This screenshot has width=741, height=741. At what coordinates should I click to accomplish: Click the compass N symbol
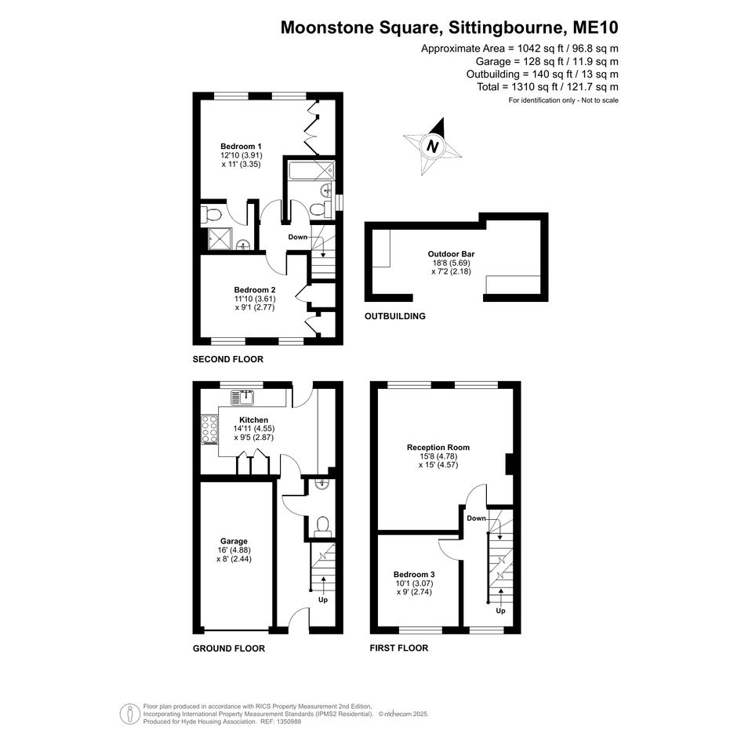[x=432, y=146]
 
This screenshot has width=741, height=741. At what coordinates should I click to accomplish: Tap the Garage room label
[x=234, y=541]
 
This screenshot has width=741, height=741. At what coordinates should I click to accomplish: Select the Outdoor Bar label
[x=452, y=254]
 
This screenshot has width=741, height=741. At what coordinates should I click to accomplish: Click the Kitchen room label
[x=254, y=420]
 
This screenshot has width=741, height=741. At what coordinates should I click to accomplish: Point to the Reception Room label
[x=438, y=447]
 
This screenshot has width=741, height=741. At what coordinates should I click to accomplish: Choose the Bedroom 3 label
[x=413, y=574]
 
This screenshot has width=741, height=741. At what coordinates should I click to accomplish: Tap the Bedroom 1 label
[x=241, y=147]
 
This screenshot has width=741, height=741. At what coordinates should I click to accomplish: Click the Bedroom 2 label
[x=255, y=289]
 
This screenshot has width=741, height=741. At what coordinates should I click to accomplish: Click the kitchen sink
[x=242, y=398]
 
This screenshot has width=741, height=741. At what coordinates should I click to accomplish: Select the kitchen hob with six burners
[x=209, y=430]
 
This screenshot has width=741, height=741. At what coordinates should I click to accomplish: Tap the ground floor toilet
[x=323, y=526]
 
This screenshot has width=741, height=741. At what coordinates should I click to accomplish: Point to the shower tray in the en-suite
[x=220, y=238]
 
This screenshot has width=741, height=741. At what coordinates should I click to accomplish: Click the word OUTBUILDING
[x=395, y=316]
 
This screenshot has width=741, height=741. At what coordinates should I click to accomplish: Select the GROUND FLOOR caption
[x=229, y=648]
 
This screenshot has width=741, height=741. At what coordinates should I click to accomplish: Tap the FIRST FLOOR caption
[x=399, y=648]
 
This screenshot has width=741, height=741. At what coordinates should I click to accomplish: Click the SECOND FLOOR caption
[x=227, y=359]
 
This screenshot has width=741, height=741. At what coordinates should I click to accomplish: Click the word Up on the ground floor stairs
[x=323, y=600]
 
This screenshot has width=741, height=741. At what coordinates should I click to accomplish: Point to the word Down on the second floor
[x=298, y=238]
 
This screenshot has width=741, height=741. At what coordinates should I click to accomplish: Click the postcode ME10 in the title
[x=595, y=27]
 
